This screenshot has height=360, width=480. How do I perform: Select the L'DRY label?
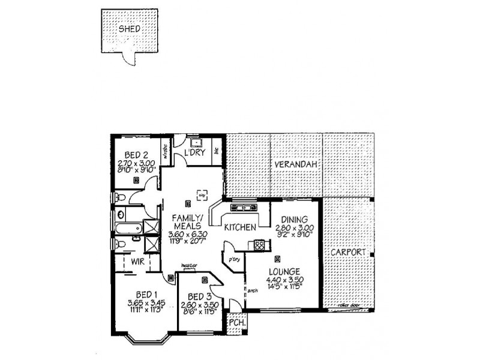pos(195,154)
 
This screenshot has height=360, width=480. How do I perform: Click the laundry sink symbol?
pos(196,143)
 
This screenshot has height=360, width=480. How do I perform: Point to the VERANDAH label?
pos(296,164)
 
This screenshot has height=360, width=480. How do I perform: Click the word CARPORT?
pos(348,253)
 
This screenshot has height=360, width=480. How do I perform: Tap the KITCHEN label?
pos(241,227)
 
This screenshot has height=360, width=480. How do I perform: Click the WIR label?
pos(137,262)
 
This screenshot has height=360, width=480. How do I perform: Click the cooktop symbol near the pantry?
pos(259,244)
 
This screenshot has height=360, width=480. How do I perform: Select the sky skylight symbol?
pos(202,194)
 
